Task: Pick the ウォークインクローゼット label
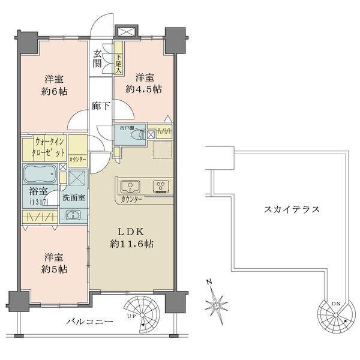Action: [44, 148]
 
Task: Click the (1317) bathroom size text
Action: [38, 202]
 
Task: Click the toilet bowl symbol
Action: [139, 134]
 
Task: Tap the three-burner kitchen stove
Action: [161, 185]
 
